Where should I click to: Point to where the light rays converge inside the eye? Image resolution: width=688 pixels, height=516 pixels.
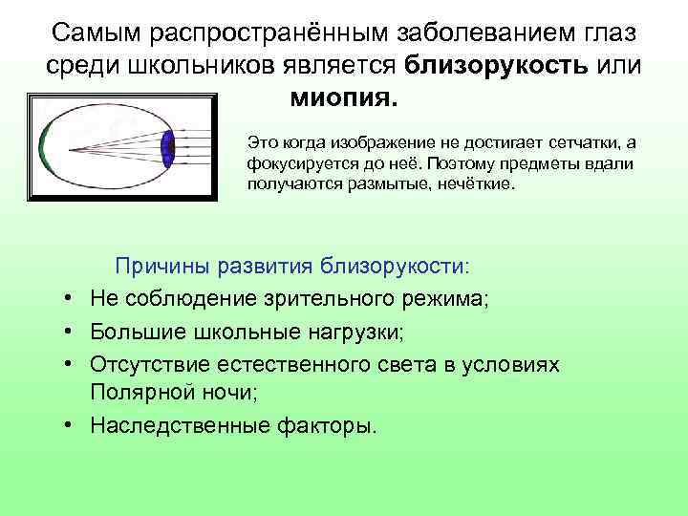point(75,147)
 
